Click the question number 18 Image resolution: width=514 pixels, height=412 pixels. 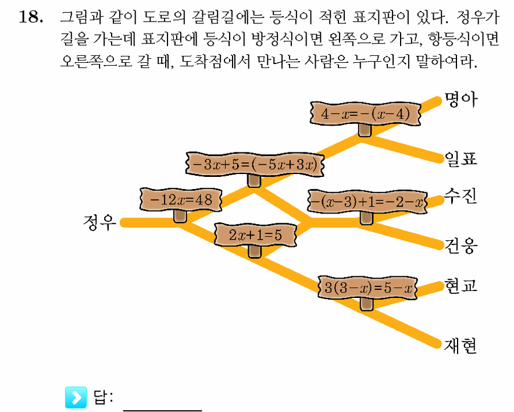click(x=31, y=17)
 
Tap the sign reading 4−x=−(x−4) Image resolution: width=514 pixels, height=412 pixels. click(x=365, y=114)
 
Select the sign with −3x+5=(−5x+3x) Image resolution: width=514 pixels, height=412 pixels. click(x=255, y=164)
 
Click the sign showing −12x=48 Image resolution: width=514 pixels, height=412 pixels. click(x=181, y=200)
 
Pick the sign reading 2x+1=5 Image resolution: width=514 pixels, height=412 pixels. click(x=255, y=235)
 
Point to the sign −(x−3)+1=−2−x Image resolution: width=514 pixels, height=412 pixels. click(x=367, y=201)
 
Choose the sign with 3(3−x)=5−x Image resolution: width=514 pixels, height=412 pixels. click(x=368, y=287)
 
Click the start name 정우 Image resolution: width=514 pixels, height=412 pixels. click(x=99, y=222)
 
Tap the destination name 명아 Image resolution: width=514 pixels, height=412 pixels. click(x=461, y=100)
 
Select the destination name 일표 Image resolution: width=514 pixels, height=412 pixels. click(x=461, y=159)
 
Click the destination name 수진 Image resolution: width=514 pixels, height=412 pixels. click(x=461, y=196)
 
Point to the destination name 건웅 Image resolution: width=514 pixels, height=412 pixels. click(x=461, y=246)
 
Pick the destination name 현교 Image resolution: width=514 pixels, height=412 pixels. click(x=461, y=286)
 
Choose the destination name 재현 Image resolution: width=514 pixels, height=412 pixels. click(x=461, y=346)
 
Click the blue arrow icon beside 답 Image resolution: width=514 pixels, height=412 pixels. click(x=76, y=397)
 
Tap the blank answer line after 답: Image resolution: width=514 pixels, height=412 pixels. click(x=163, y=410)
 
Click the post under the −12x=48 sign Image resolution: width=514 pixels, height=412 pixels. click(x=180, y=216)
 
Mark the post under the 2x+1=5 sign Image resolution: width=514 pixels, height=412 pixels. click(x=255, y=252)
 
